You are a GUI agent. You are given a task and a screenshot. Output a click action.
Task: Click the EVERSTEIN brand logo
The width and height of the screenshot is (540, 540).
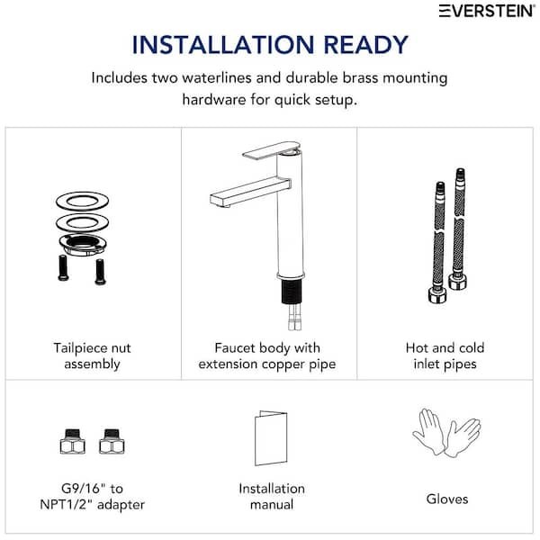click(487, 11)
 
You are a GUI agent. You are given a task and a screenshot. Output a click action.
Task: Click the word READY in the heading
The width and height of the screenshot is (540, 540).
click(365, 45)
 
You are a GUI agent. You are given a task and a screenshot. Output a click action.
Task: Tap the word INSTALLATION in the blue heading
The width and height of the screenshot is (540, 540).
click(223, 45)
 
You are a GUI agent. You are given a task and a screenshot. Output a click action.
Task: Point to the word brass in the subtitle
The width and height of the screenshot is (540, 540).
click(360, 77)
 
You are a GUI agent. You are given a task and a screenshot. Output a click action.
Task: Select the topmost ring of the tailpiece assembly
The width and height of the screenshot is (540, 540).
click(82, 201)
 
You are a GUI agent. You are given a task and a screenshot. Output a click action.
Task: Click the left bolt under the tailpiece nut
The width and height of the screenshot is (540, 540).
click(63, 267)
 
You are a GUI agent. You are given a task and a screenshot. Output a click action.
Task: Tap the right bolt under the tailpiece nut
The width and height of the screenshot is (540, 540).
click(100, 272)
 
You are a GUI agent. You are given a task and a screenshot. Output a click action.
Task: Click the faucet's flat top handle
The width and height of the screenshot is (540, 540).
click(271, 151)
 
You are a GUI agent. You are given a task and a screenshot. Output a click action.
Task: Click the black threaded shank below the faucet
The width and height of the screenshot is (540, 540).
click(292, 292)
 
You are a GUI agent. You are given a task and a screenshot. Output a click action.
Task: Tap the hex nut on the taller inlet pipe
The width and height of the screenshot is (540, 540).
click(458, 281)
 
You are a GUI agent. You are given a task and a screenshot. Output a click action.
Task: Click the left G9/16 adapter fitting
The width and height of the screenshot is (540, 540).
click(72, 441)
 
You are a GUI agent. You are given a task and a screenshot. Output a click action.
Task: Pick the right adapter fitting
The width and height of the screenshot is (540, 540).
click(112, 441)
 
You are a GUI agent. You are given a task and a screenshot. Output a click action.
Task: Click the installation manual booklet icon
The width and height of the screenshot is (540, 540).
click(271, 437)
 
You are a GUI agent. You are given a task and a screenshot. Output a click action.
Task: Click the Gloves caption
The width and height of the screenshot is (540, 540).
click(447, 499)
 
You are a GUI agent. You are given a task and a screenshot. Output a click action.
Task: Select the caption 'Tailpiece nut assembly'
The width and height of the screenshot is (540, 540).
click(93, 355)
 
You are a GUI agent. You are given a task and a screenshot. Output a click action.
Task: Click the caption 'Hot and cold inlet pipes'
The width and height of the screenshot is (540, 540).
click(445, 355)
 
